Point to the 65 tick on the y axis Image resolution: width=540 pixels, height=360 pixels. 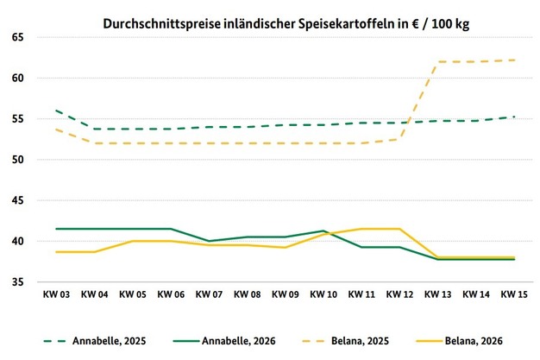(16, 38)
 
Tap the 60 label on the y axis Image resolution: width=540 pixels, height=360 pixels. (16, 79)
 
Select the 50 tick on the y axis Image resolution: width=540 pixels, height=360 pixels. (16, 160)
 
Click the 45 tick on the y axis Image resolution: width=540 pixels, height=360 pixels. (16, 200)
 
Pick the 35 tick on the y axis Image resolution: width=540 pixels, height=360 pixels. (16, 282)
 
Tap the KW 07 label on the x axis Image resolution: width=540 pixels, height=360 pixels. (209, 295)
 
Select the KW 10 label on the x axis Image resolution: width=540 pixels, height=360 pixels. (324, 295)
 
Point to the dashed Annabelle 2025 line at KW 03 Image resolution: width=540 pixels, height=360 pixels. (55, 111)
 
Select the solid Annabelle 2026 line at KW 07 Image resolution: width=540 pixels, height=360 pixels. (209, 241)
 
